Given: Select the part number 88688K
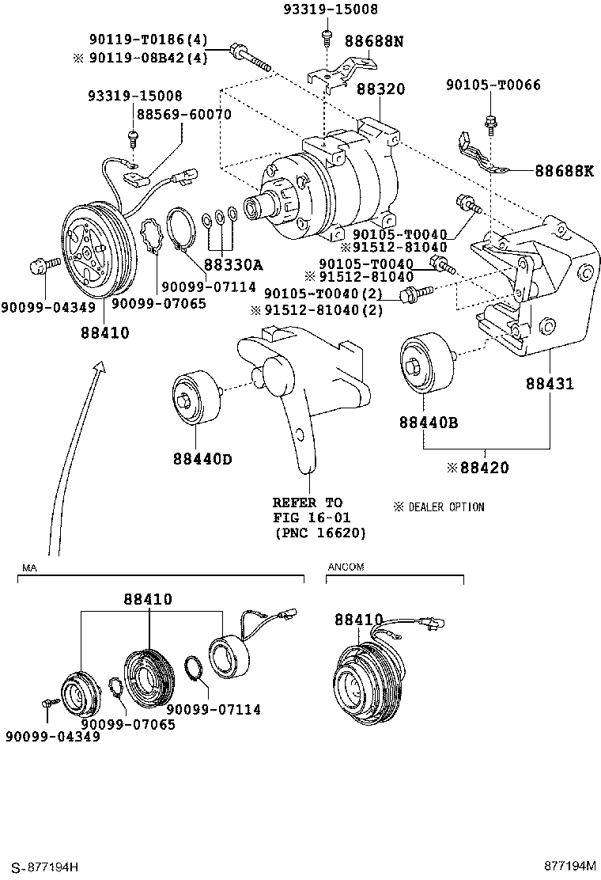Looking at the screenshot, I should (563, 170).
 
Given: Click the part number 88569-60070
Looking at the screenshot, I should (183, 115).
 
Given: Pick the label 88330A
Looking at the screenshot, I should (232, 265).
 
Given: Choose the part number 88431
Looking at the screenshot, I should (550, 385).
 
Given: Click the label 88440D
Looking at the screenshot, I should (202, 459).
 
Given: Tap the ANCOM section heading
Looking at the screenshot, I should (346, 567).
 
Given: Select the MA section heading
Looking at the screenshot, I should (29, 567).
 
